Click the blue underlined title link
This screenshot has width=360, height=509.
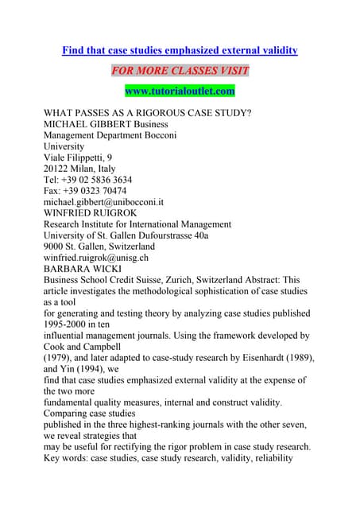click(180, 50)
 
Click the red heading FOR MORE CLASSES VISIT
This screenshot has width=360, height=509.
click(180, 71)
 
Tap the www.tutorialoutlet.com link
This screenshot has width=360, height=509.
click(180, 91)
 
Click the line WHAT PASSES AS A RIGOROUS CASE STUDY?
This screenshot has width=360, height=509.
click(147, 113)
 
